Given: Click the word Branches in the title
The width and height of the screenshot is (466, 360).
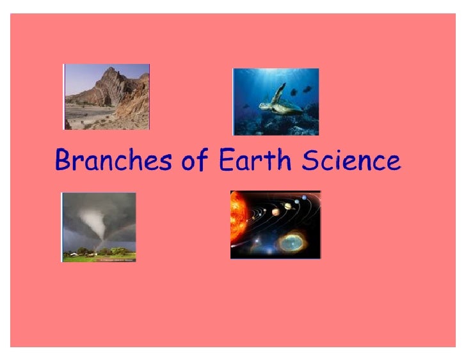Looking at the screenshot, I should [x=113, y=160].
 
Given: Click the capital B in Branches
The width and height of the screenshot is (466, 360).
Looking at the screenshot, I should [x=63, y=160].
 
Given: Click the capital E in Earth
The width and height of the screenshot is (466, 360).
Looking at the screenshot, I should [x=226, y=160].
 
